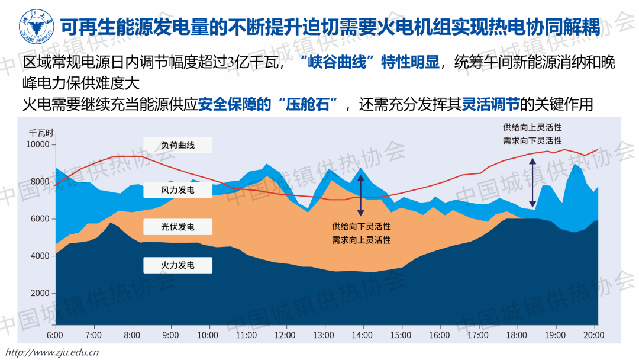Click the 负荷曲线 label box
[x=177, y=145]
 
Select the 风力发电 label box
[x=177, y=190]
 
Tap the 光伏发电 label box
[x=177, y=227]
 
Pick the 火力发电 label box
[x=177, y=265]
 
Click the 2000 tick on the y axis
[x=39, y=294]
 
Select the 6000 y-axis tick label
[x=39, y=219]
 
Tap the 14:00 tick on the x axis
[x=363, y=335]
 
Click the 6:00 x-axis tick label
[x=55, y=335]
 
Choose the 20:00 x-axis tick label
[x=593, y=335]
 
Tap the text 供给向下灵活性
[x=362, y=227]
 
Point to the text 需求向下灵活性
[x=532, y=140]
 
